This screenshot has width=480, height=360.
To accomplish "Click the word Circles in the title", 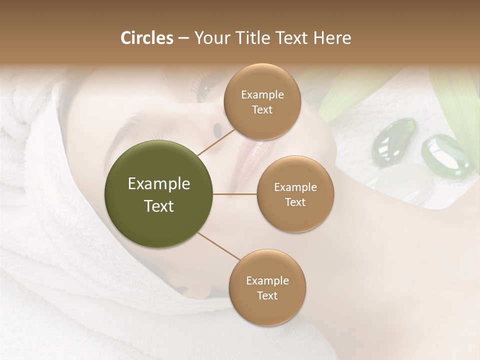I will pyautogui.click(x=147, y=38).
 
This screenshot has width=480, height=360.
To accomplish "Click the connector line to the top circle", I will pyautogui.click(x=216, y=141).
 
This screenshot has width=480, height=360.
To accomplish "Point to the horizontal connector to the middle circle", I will pyautogui.click(x=235, y=194).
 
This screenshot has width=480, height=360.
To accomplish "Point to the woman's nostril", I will pyautogui.click(x=217, y=130).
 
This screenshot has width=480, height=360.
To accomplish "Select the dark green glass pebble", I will pyautogui.click(x=394, y=138).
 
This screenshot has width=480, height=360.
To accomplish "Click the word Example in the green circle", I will pyautogui.click(x=159, y=184).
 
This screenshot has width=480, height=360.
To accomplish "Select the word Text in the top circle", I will pyautogui.click(x=262, y=109).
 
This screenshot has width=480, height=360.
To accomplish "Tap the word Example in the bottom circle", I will pyautogui.click(x=267, y=281).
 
